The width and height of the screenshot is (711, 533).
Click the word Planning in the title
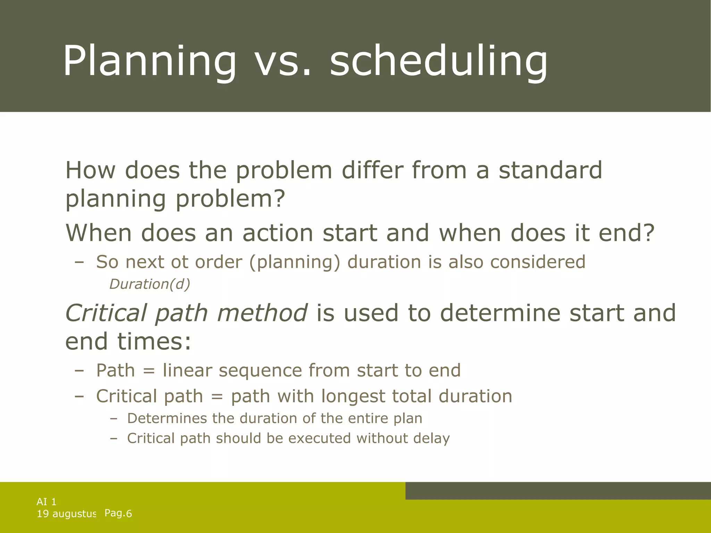point(149,62)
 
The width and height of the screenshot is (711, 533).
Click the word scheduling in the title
point(438,62)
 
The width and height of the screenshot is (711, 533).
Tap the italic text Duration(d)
point(150,284)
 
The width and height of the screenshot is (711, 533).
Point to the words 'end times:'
point(128,341)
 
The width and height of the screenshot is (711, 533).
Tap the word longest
point(353,397)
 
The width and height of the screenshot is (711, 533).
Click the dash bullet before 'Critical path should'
point(113,439)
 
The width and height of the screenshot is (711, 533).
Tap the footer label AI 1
point(47,502)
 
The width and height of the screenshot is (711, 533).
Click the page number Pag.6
point(118,514)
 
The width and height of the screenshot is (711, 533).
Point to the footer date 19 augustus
point(66,514)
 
